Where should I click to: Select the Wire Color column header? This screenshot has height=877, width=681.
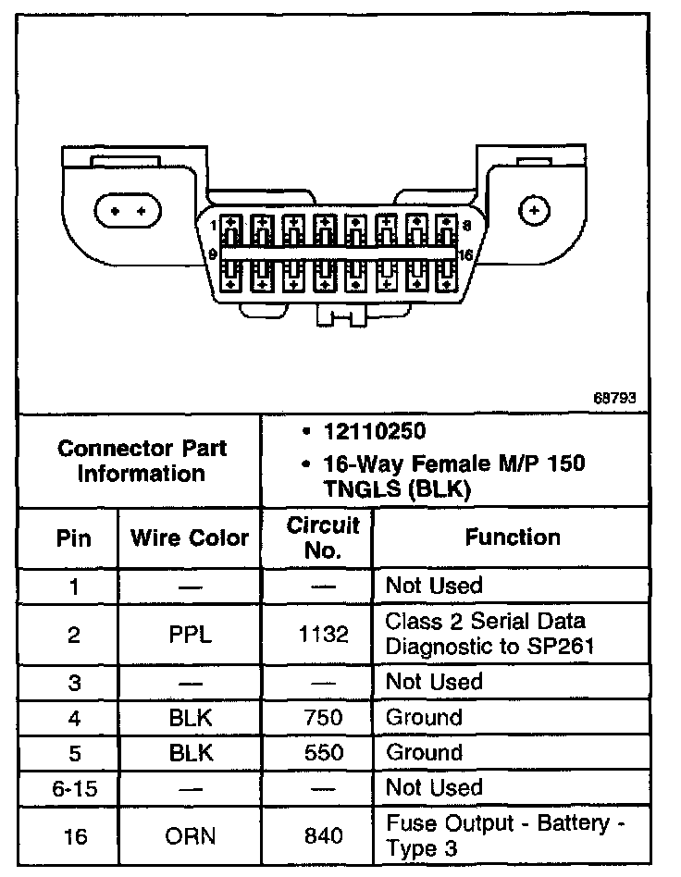[x=189, y=537]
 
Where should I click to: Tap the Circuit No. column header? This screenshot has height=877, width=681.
[x=322, y=537]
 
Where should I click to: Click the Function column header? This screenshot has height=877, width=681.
[x=512, y=537]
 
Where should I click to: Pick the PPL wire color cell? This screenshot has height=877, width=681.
[x=191, y=635]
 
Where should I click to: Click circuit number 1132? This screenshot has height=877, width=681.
[x=324, y=635]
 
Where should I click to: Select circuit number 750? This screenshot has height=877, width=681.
[x=323, y=717]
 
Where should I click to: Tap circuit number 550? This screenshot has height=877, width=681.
[x=323, y=752]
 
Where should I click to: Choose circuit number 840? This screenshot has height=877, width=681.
[x=323, y=836]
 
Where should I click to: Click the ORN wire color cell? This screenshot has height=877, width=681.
[x=191, y=836]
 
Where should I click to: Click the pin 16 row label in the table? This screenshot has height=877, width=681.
[x=74, y=836]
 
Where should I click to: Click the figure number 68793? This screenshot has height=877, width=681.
[x=615, y=399]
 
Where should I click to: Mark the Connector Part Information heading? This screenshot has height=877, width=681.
[x=142, y=462]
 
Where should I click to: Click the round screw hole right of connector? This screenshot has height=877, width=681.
[x=535, y=211]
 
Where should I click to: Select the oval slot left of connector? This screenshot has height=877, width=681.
[x=128, y=211]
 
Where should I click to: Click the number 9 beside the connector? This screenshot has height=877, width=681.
[x=213, y=253]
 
